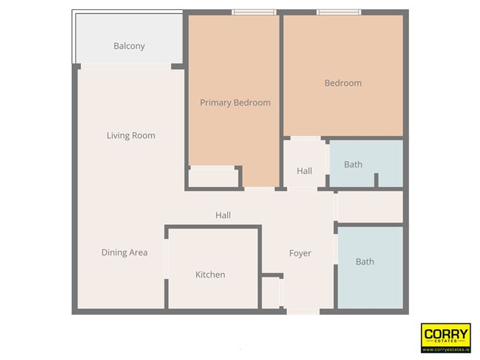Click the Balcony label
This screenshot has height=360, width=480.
coord(129,46)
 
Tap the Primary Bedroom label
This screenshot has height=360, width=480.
coord(235,103)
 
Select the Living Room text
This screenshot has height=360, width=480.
coord(131,136)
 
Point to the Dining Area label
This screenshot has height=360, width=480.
coord(124,253)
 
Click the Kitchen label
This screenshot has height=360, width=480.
coord(211,275)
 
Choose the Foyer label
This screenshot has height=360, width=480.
coord(300,254)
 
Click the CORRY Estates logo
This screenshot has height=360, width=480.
coord(446,335)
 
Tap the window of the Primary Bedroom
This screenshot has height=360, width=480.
coord(254,12)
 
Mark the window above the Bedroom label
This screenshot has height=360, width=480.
coord(339,12)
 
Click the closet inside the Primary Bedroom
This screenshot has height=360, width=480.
coord(213,177)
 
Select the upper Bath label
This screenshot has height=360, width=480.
coord(353,165)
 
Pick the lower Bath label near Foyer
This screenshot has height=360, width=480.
coord(365,262)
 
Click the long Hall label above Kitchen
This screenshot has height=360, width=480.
coord(223,215)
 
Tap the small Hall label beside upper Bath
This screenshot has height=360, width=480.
coord(305,171)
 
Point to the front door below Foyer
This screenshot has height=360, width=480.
coord(303,312)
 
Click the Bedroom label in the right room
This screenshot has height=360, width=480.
coord(343,83)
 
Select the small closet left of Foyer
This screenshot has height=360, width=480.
coord(270,292)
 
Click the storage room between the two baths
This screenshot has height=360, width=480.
coord(369,207)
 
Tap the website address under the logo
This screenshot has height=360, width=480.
coord(446,349)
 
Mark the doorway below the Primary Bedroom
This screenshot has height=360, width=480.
coord(259,189)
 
